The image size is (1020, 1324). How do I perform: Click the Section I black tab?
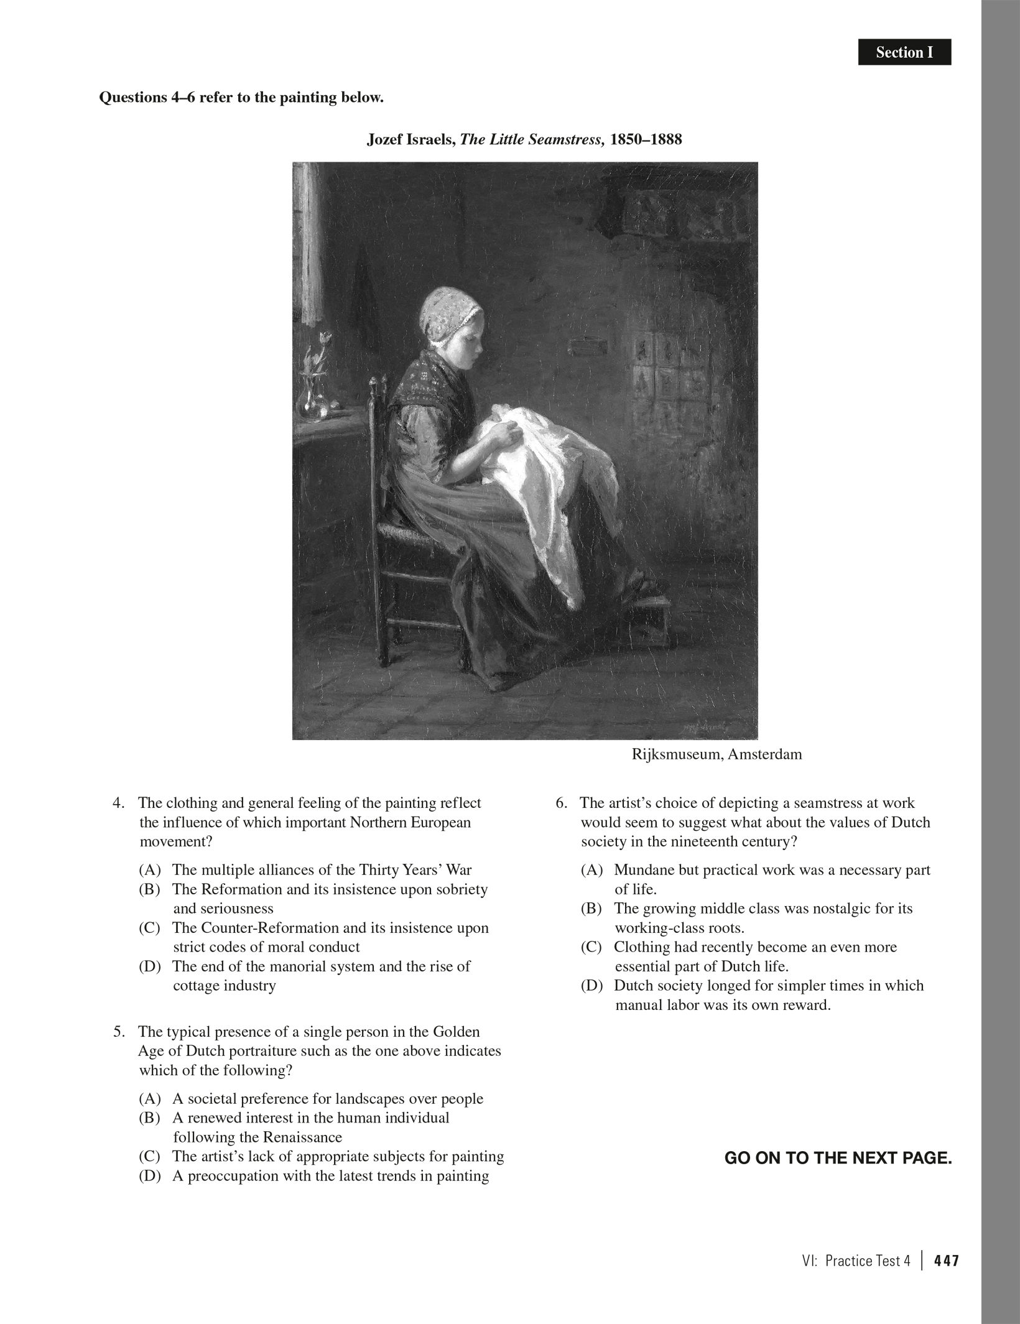(x=904, y=52)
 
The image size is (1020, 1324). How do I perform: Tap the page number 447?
(x=947, y=1261)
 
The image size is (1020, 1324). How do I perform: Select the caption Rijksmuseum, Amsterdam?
(x=716, y=754)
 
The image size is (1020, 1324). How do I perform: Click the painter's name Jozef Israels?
(x=410, y=139)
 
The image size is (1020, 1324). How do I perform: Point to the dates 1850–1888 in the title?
(x=646, y=139)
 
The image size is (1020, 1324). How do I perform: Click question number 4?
(x=119, y=803)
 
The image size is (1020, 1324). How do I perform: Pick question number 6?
(x=562, y=803)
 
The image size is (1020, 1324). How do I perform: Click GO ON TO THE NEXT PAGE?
(x=838, y=1158)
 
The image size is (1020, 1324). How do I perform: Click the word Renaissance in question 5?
(x=303, y=1137)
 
